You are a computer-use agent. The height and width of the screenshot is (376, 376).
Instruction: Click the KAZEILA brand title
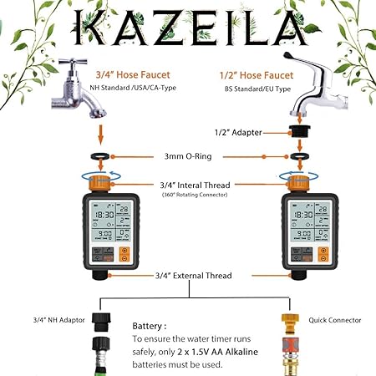pos(188,27)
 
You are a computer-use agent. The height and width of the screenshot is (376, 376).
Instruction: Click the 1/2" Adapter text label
pos(240,132)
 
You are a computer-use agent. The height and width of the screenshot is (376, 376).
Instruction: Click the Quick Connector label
pos(338,318)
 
